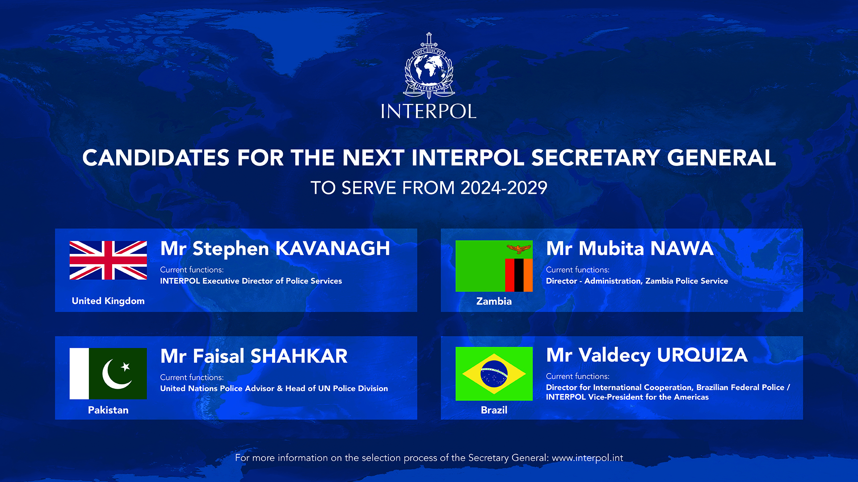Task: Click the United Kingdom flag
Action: (108, 260)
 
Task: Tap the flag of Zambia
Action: (494, 266)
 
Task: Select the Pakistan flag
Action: (108, 374)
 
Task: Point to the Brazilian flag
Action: (494, 374)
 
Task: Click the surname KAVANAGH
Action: (332, 249)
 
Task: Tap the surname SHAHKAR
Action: (299, 356)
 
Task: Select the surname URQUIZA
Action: (702, 355)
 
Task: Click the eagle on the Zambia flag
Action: (518, 249)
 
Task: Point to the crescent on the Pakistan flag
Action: (115, 375)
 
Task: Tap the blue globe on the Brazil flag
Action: (494, 374)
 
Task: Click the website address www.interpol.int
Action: (587, 458)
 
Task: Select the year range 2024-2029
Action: (504, 188)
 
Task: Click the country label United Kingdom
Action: (108, 301)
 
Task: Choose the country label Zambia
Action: (494, 301)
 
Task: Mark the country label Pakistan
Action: (108, 410)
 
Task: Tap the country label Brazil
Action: (494, 410)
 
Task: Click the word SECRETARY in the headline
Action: (595, 158)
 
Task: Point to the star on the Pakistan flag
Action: (126, 367)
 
